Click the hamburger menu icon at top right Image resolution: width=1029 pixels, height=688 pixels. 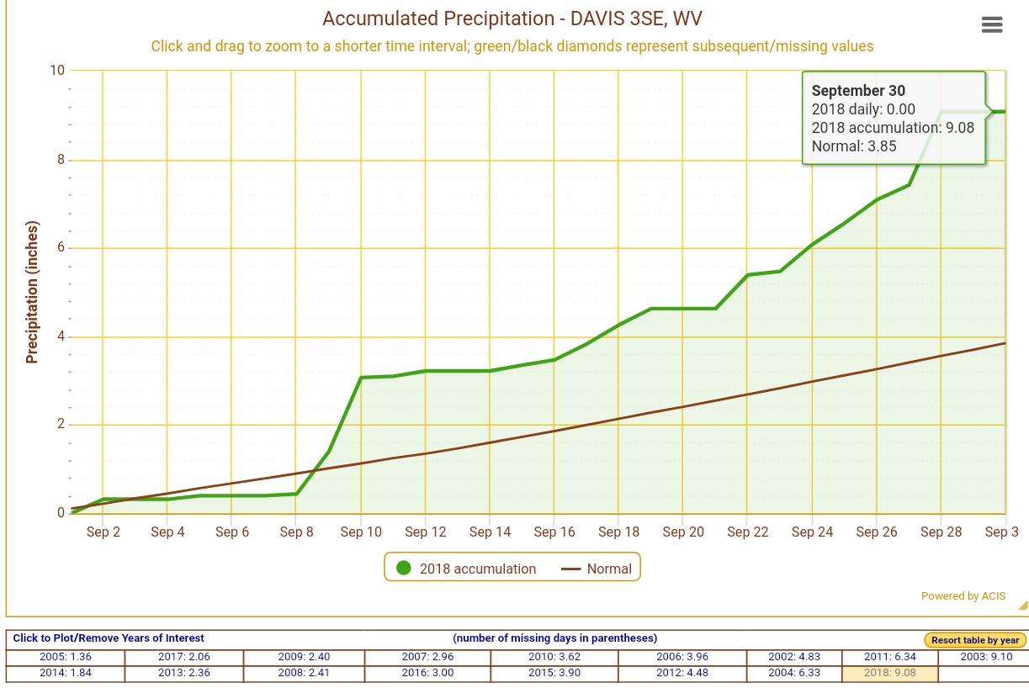[x=992, y=24]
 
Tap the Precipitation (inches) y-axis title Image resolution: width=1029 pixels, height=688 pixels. [x=33, y=292]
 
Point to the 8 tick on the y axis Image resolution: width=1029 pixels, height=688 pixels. [x=58, y=160]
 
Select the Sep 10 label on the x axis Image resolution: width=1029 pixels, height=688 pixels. [x=362, y=532]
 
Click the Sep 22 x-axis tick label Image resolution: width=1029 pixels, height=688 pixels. [x=748, y=532]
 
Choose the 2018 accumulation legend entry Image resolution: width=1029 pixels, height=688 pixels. [x=465, y=569]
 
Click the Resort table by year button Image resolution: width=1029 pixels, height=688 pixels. [x=974, y=640]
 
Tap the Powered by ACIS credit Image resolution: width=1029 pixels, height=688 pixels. [x=963, y=596]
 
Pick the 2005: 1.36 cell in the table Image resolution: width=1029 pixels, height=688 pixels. [x=65, y=657]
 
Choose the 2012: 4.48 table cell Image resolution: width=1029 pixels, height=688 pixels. [x=682, y=673]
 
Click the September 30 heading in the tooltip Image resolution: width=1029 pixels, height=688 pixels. [x=858, y=91]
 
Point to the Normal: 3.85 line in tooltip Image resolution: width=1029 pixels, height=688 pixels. [x=854, y=146]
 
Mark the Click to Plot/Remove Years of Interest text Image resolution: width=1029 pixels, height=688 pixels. [x=109, y=638]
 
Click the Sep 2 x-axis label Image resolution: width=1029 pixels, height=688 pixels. [x=103, y=532]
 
